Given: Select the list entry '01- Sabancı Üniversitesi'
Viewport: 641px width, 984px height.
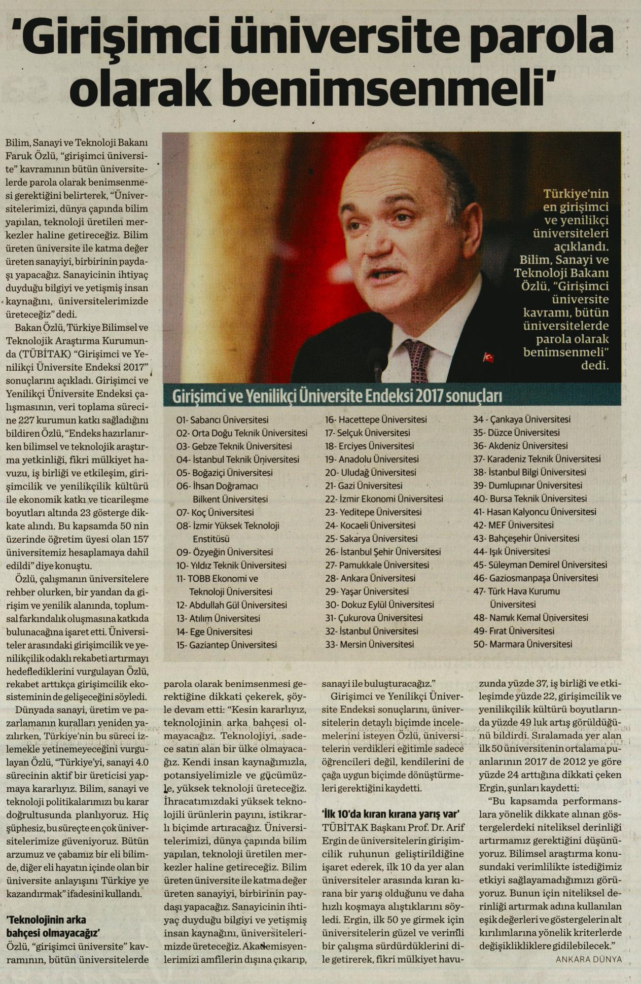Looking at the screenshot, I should tap(222, 420).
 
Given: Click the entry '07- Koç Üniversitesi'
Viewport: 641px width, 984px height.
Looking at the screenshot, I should tap(215, 512).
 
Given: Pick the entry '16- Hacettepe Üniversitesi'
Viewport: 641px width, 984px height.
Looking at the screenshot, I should tap(375, 419).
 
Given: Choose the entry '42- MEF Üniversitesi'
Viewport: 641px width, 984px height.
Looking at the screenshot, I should tap(513, 525).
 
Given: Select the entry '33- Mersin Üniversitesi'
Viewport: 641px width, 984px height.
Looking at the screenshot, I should tap(369, 645).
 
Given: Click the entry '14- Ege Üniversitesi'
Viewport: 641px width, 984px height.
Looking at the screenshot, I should tap(214, 631).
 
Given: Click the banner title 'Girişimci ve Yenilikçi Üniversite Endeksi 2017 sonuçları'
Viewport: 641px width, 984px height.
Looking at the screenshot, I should tap(334, 396).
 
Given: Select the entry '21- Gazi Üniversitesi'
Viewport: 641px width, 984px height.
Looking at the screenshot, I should tap(364, 485).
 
